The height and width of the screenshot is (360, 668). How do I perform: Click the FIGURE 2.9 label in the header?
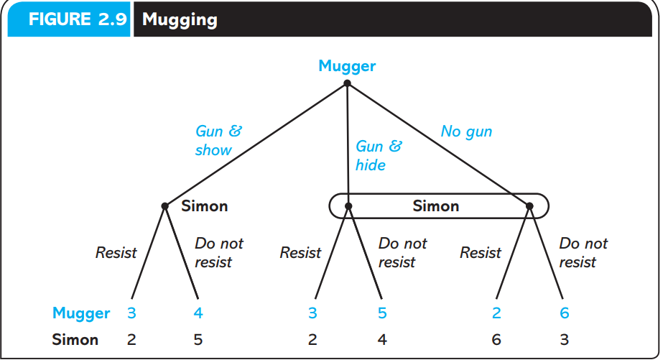(x=69, y=19)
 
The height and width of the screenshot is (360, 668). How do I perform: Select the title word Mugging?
(x=180, y=19)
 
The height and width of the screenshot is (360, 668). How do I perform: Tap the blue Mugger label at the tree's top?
(x=347, y=66)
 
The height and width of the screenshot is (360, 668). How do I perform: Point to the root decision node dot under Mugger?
(x=347, y=83)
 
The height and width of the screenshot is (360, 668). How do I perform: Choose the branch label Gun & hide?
(x=379, y=155)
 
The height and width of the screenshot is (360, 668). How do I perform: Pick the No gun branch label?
(x=466, y=131)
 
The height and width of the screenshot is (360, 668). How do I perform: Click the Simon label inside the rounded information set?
(x=435, y=206)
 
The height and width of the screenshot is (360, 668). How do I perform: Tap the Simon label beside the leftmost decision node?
(x=204, y=206)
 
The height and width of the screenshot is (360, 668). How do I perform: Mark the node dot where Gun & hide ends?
(x=348, y=206)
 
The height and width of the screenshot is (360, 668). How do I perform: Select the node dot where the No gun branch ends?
(x=529, y=206)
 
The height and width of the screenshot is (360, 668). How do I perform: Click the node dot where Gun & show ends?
(x=165, y=206)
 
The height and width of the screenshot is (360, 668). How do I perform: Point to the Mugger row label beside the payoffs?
(x=81, y=313)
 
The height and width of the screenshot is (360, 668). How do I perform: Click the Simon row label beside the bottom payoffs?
(x=75, y=339)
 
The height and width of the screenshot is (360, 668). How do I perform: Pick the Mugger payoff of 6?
(x=565, y=313)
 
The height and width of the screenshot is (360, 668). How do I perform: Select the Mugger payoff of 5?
(x=382, y=313)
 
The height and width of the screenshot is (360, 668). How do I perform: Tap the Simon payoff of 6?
(x=496, y=339)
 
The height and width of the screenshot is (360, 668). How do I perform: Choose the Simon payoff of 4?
(x=382, y=339)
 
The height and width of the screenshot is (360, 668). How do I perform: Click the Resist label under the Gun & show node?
(x=116, y=252)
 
